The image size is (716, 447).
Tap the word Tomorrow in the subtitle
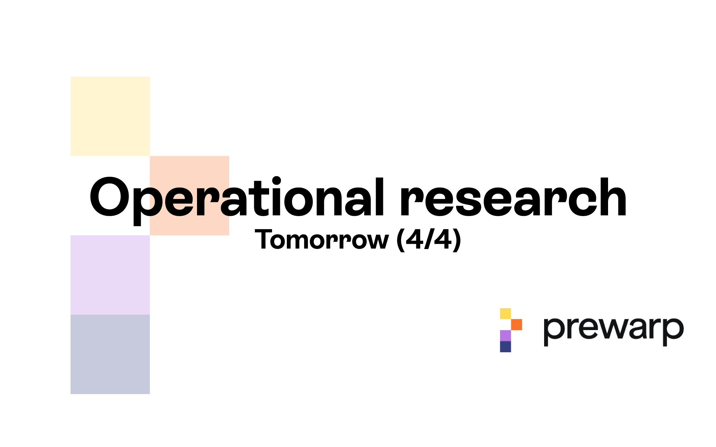tap(322, 239)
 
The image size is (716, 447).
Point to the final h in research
tap(610, 197)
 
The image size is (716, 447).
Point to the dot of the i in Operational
tap(276, 182)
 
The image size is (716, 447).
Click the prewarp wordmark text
tap(614, 331)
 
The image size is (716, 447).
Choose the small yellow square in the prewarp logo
tap(505, 313)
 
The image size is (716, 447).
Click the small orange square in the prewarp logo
tap(516, 325)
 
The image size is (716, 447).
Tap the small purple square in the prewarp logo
tap(505, 336)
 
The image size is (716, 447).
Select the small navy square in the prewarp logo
tap(505, 347)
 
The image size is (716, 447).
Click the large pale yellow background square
tap(110, 116)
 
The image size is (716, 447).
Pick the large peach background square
tap(189, 195)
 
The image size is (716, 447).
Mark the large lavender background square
tap(110, 275)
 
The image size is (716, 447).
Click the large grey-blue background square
tap(110, 354)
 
